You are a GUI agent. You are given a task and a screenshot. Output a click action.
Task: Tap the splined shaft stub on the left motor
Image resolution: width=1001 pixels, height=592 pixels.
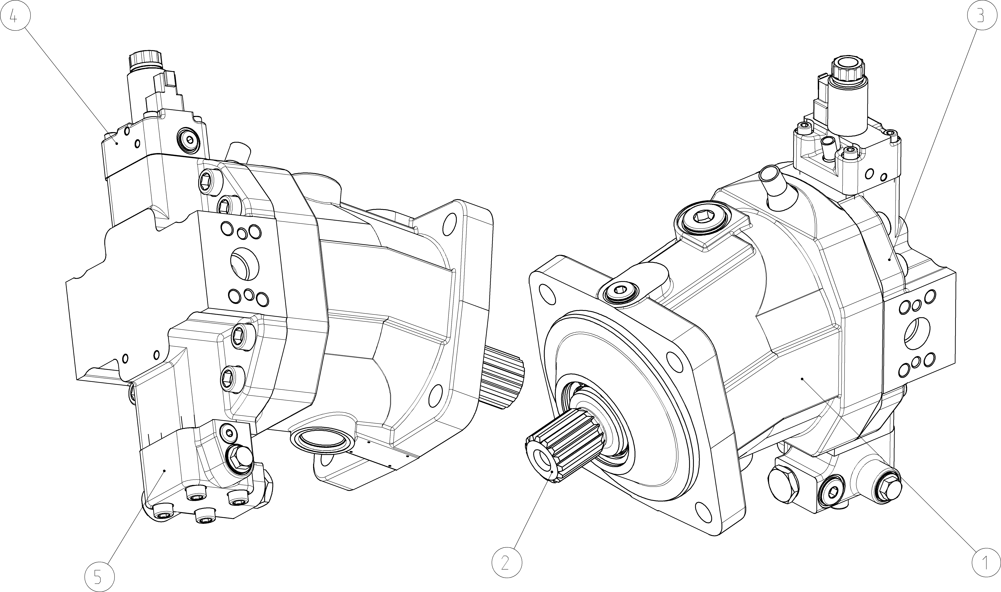tap(503, 374)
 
